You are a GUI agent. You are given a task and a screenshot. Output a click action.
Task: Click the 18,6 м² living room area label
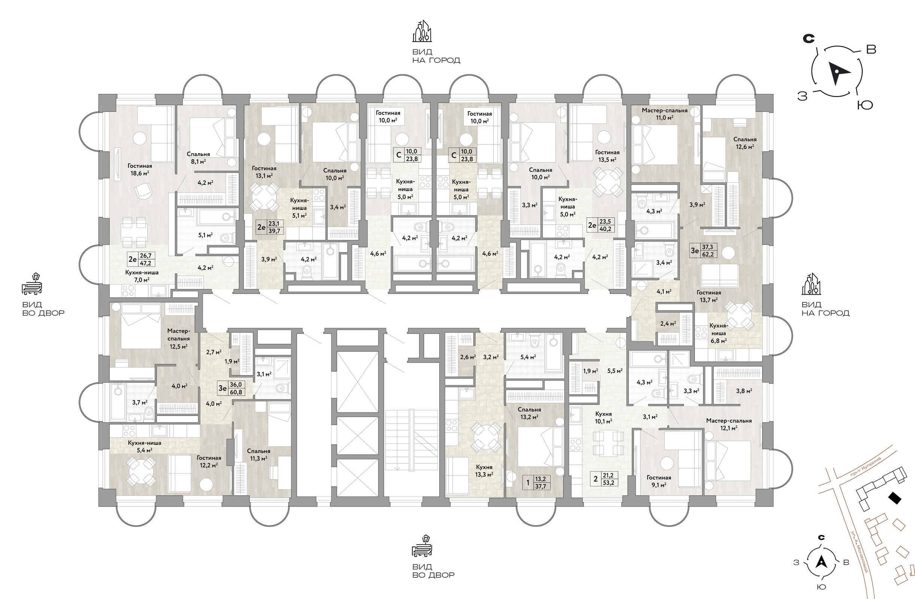tap(140, 170)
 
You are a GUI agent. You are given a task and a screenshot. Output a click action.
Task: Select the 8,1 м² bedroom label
tap(198, 158)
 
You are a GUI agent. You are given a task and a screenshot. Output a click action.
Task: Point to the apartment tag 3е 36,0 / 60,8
tap(231, 388)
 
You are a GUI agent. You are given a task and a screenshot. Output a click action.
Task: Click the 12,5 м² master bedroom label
tap(178, 338)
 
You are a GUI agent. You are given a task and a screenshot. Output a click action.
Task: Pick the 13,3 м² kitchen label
tap(484, 471)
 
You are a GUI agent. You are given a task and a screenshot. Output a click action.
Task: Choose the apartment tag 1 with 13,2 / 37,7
tap(536, 482)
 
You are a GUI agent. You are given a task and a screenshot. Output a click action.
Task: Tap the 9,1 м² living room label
tap(658, 481)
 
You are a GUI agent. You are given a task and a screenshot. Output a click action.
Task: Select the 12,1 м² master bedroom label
tap(728, 424)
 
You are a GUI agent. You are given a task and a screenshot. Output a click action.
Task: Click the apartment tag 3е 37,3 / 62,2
tap(703, 250)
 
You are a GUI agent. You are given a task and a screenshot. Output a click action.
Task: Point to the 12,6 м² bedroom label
tap(745, 143)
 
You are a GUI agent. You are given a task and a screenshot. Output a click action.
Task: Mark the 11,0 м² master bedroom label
tap(664, 114)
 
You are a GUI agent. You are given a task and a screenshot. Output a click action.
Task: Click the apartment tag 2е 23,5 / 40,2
tap(601, 225)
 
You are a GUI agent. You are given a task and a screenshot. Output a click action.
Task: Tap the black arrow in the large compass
tap(836, 73)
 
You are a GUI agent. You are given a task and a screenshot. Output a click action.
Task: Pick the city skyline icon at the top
tap(422, 31)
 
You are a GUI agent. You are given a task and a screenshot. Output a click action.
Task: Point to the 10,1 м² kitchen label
tap(603, 418)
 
